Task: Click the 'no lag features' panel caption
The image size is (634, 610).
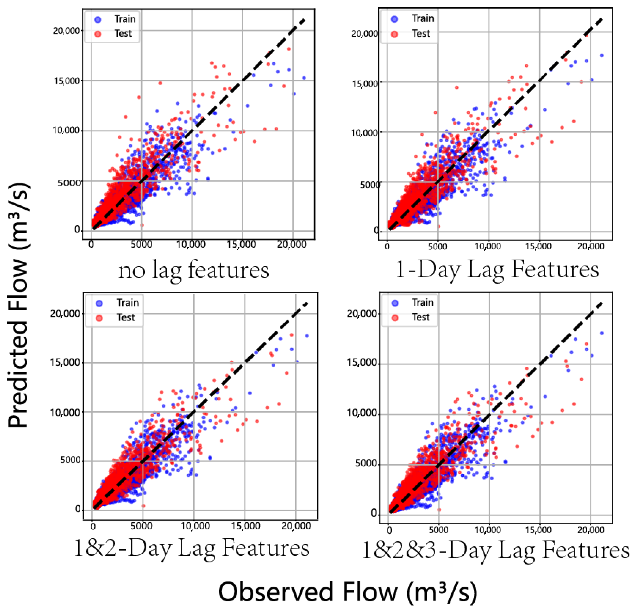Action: (193, 271)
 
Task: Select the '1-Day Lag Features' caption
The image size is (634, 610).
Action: (497, 270)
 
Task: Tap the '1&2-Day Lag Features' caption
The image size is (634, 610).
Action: (191, 548)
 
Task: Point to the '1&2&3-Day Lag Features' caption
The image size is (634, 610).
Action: (495, 550)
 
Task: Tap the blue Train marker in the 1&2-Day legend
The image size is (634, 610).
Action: (99, 303)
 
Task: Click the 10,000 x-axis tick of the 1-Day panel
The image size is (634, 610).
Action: (488, 246)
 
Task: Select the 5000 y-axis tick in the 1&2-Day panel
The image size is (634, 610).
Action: (70, 460)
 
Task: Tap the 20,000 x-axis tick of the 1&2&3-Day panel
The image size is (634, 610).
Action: (591, 530)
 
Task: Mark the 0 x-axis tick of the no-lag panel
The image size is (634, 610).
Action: (91, 245)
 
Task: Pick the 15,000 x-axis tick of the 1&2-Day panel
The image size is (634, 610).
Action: (245, 526)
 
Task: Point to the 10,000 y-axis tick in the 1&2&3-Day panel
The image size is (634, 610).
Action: (362, 413)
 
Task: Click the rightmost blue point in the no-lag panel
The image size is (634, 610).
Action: (304, 78)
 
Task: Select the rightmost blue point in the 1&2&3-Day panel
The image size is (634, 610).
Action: (602, 333)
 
